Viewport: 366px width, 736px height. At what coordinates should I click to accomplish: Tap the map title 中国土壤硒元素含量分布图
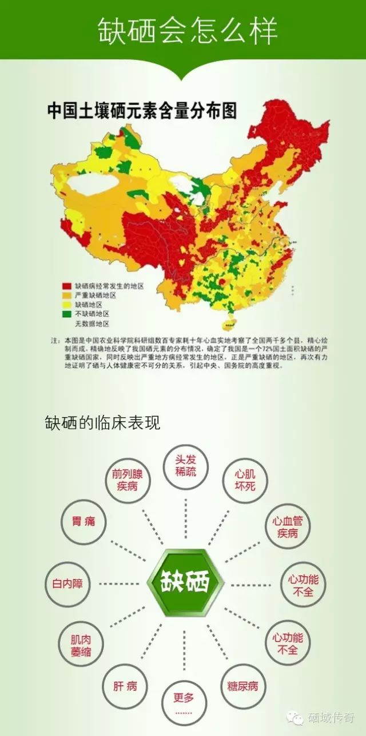[142, 110]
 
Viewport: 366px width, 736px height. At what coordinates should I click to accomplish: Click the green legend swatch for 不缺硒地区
[67, 314]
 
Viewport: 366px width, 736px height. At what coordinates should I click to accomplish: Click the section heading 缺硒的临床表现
[103, 422]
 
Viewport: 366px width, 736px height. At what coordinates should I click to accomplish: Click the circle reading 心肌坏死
[245, 481]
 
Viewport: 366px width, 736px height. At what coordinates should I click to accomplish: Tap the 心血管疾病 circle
[288, 527]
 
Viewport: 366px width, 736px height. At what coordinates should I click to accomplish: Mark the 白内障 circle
[68, 584]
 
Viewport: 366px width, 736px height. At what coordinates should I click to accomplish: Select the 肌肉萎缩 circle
[81, 646]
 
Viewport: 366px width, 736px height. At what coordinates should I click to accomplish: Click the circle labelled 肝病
[125, 686]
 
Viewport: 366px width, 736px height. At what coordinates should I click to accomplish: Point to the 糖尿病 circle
[243, 686]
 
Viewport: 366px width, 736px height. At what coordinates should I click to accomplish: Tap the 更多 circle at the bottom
[184, 702]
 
